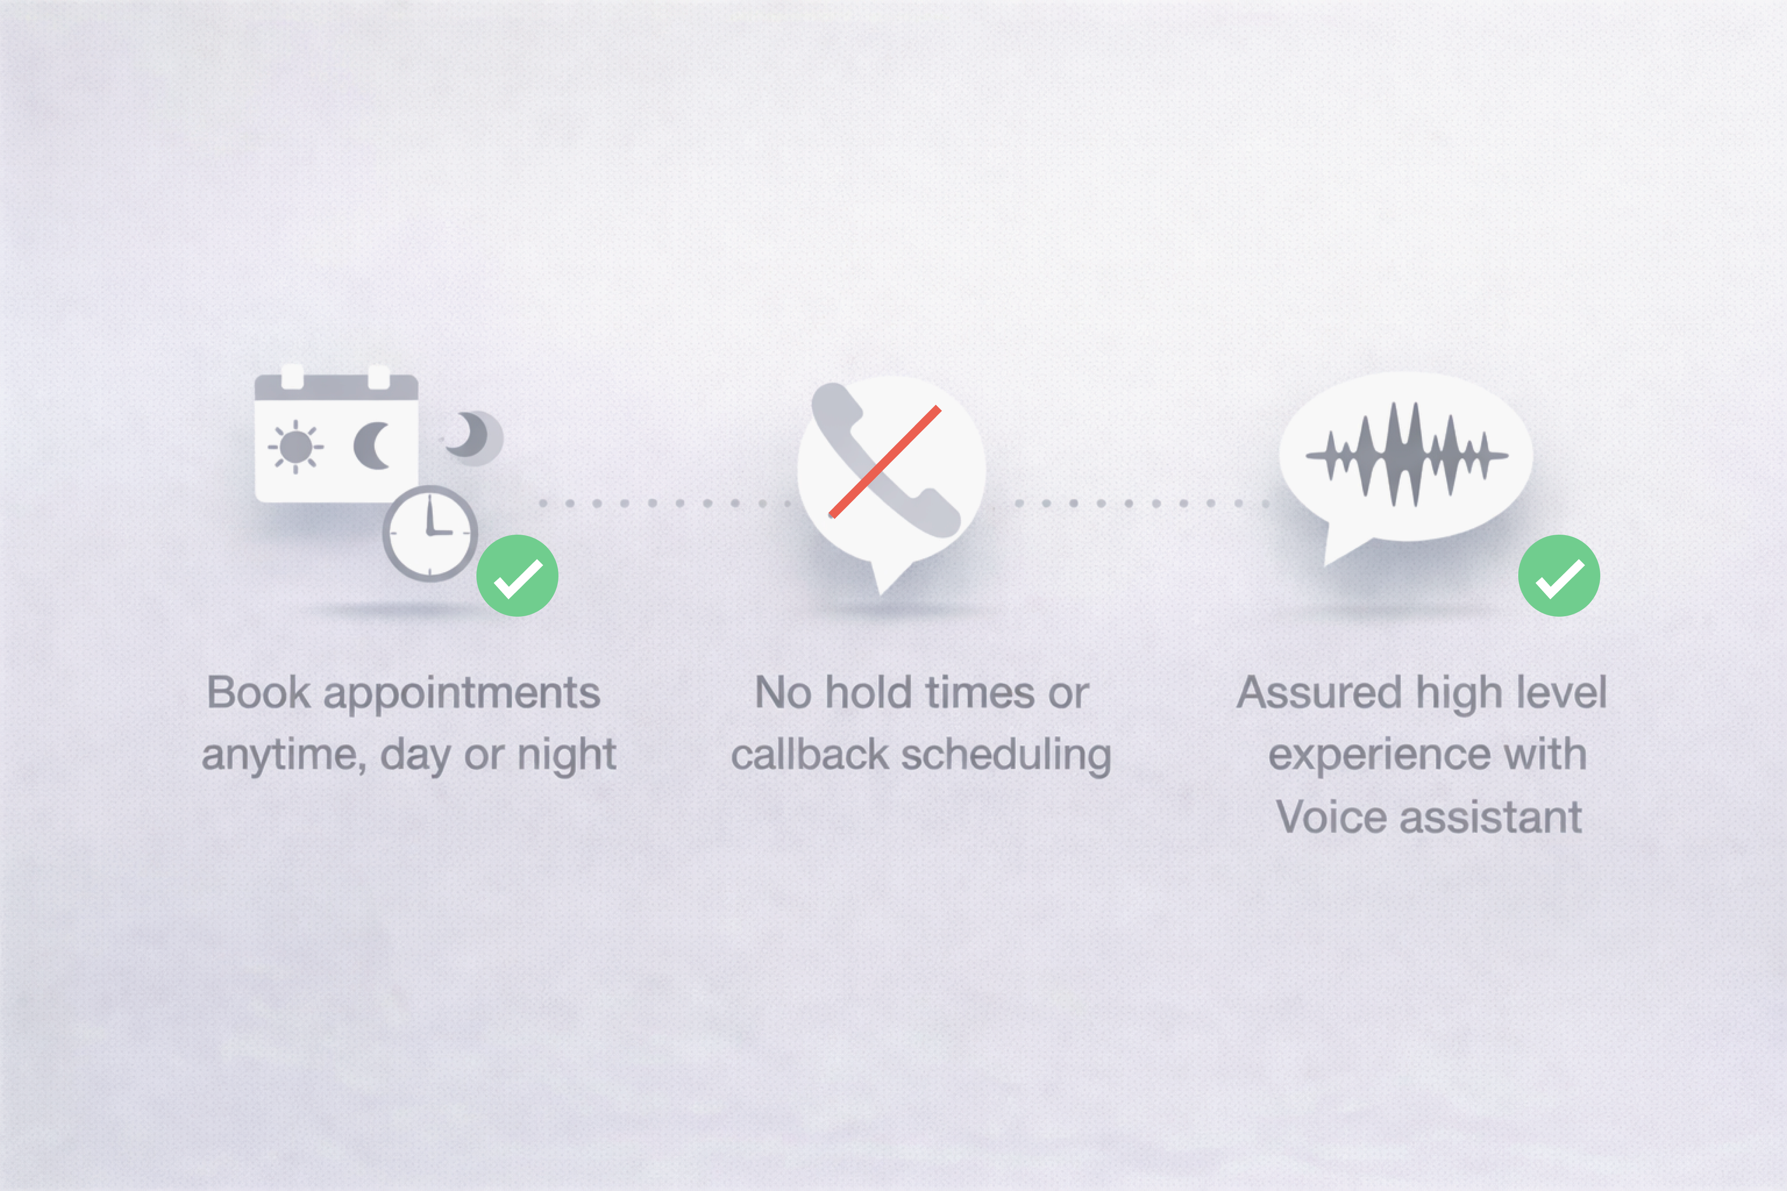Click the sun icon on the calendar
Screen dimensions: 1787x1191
pos(295,447)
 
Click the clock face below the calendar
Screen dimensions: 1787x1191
pos(430,533)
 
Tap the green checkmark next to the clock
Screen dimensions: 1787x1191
pos(517,576)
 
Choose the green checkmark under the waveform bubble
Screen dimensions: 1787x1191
pos(1559,576)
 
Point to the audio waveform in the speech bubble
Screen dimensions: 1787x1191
pos(1407,455)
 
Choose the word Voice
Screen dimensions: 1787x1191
pos(1331,817)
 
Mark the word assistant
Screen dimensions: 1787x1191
pos(1491,817)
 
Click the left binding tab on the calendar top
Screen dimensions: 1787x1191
pos(292,377)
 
